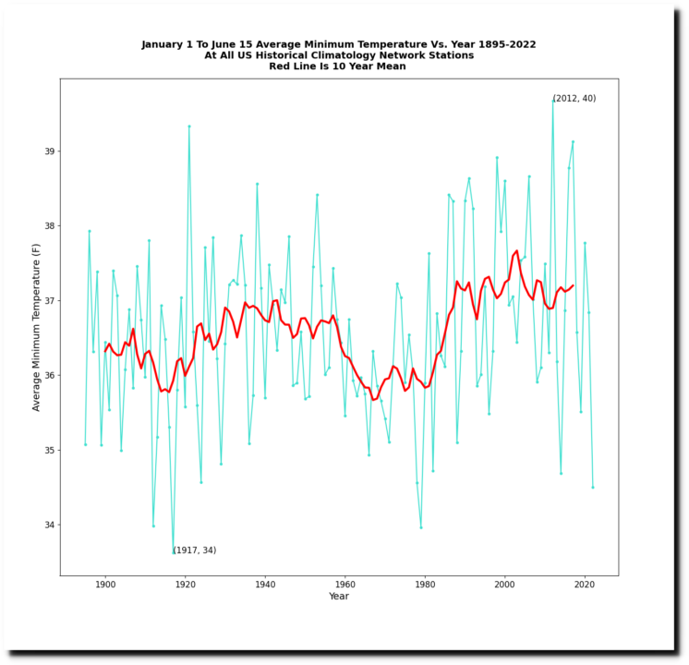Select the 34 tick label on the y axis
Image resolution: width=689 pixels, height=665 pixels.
tap(49, 526)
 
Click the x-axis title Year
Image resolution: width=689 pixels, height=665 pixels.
tap(339, 597)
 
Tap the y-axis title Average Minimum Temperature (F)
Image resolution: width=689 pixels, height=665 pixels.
tap(36, 326)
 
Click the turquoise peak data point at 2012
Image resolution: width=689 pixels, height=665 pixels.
tap(553, 101)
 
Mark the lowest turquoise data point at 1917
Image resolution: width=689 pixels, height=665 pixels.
tap(173, 552)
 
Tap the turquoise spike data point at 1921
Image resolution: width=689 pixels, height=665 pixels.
tap(189, 127)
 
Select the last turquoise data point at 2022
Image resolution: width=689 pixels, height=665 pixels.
tap(593, 487)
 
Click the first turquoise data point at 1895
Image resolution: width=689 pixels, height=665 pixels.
tap(85, 444)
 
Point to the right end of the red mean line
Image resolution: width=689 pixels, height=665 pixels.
tap(573, 285)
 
